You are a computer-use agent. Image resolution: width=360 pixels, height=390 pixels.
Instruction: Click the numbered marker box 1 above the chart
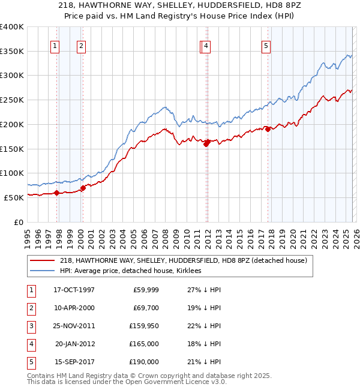[55, 45]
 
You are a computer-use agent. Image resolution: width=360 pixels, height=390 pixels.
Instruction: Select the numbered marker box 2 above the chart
[81, 45]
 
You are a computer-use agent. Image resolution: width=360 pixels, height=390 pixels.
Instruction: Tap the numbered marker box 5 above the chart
[266, 45]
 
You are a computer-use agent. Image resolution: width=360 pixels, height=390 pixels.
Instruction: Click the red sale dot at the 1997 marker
[57, 193]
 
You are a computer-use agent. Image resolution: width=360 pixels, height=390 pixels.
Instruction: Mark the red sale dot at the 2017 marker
[268, 129]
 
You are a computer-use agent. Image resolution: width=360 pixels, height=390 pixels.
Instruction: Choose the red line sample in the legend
[43, 260]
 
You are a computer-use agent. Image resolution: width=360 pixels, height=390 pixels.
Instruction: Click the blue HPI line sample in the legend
[43, 271]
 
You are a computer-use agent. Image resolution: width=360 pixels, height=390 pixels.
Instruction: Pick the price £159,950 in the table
[145, 326]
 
